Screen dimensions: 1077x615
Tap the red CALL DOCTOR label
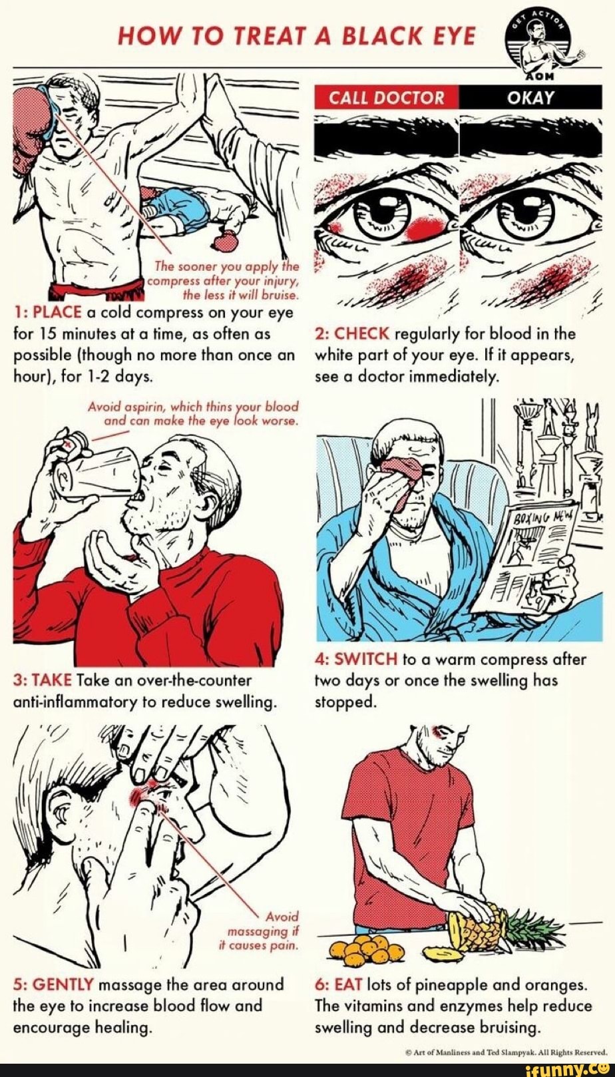[x=387, y=98]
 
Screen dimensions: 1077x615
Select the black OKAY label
[x=530, y=98]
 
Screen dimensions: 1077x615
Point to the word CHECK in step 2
[x=362, y=333]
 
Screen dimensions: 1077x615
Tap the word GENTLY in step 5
[x=64, y=984]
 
